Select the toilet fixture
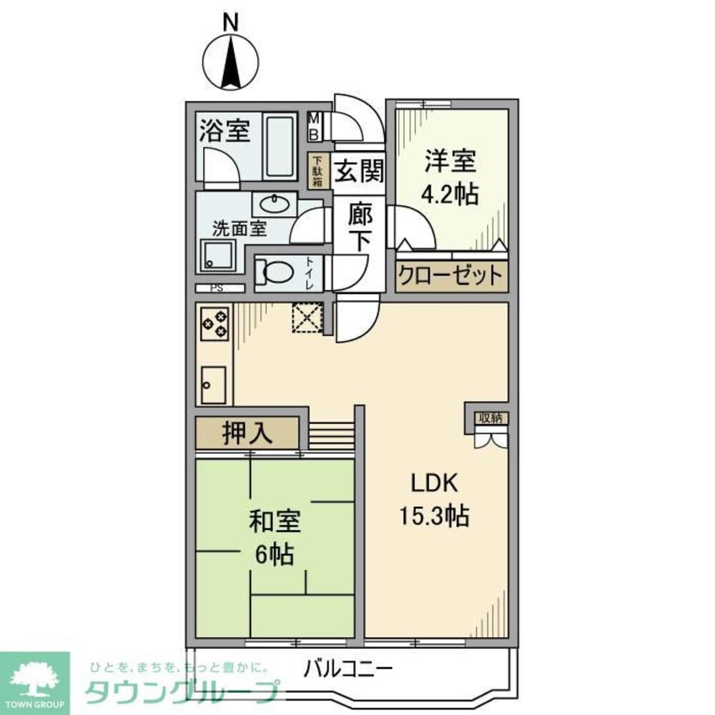pyautogui.click(x=275, y=271)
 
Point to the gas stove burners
pyautogui.click(x=215, y=322)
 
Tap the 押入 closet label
pyautogui.click(x=247, y=434)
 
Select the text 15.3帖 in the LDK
pyautogui.click(x=433, y=515)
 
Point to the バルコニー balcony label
pyautogui.click(x=348, y=670)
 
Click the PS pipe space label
pyautogui.click(x=215, y=288)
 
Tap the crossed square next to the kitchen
pyautogui.click(x=308, y=318)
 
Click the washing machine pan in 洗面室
pyautogui.click(x=217, y=255)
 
